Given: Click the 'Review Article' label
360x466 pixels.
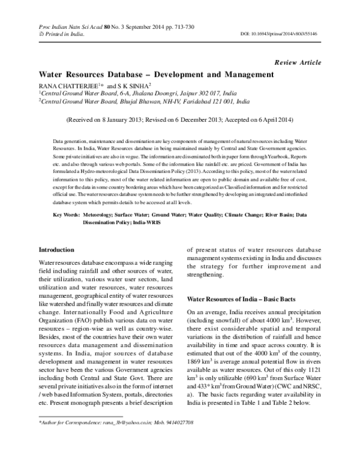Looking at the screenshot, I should (x=297, y=62).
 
